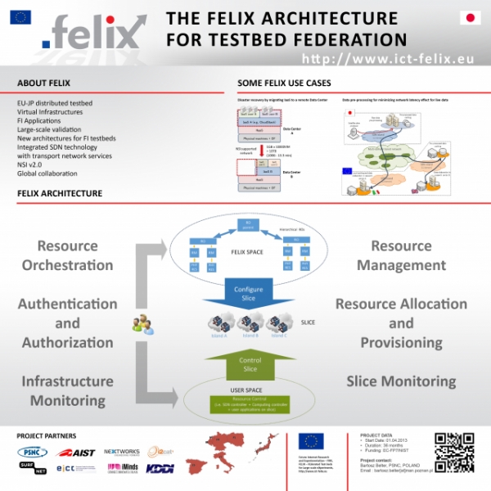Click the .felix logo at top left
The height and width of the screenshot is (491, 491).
pos(94,34)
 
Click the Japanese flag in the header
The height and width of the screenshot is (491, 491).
pos(470,17)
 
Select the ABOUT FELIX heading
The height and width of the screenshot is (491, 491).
pos(43,83)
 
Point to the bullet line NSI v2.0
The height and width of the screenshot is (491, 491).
pos(31,164)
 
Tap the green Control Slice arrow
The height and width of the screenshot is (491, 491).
pos(248,363)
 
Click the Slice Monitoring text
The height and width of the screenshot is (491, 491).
pos(401,381)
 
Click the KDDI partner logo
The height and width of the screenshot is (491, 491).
pos(160,468)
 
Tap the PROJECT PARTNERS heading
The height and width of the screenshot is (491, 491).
pos(47,436)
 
